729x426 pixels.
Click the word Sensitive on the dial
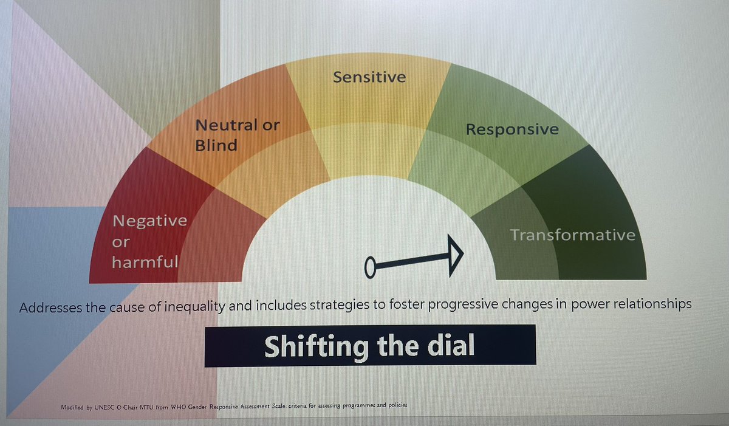pos(369,77)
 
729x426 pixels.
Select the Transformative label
pos(572,235)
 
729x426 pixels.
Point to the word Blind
pos(216,146)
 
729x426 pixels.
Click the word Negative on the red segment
pos(150,220)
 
